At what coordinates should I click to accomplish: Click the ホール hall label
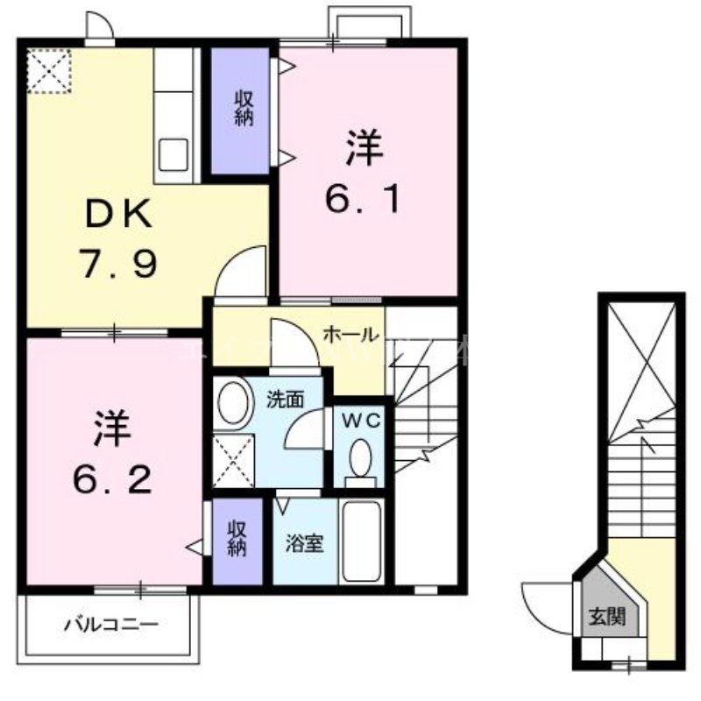tap(350, 334)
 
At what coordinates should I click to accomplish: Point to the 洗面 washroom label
tap(285, 400)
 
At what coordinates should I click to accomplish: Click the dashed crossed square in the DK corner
tap(47, 70)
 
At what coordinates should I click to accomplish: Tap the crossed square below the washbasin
tap(234, 457)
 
